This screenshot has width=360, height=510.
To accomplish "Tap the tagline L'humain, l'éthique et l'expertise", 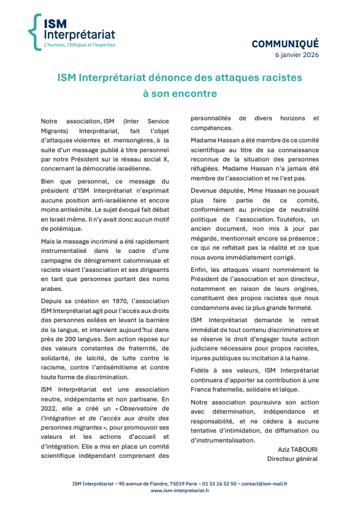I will coord(80,45).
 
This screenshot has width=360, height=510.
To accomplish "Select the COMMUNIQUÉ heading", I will coord(285,44).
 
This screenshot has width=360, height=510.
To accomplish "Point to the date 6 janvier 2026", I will coord(297,55).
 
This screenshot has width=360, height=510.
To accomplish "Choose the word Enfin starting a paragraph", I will coord(201,269).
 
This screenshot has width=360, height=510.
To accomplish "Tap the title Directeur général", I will coord(293,458).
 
